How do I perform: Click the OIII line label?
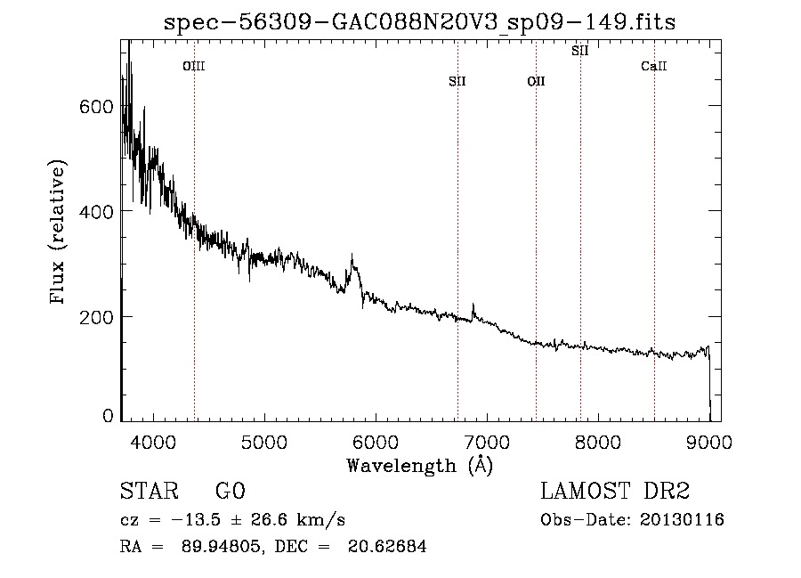[x=194, y=66]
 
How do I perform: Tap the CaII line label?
[x=654, y=66]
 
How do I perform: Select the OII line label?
[x=536, y=81]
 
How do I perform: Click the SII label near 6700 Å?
[x=457, y=81]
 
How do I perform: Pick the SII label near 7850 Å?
[x=579, y=51]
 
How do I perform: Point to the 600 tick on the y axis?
[x=95, y=107]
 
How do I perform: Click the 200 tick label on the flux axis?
[x=95, y=317]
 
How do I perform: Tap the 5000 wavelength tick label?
[x=264, y=442]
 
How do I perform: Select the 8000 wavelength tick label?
[x=598, y=442]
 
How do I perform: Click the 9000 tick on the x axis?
[x=709, y=442]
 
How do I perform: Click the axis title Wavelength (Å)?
[x=420, y=466]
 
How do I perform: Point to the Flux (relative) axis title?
[x=58, y=232]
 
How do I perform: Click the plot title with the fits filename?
[x=419, y=22]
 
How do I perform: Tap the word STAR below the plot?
[x=150, y=491]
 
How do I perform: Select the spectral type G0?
[x=231, y=491]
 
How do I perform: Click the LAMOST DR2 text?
[x=615, y=491]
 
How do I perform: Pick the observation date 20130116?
[x=682, y=520]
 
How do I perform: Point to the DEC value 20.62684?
[x=387, y=546]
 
